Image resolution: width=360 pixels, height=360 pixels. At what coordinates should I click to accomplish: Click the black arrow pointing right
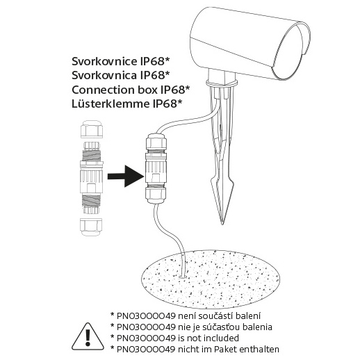pyautogui.click(x=126, y=177)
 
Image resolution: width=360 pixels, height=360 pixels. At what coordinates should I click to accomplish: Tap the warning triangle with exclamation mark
pyautogui.click(x=88, y=336)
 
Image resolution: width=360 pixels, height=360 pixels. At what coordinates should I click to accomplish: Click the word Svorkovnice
pyautogui.click(x=104, y=61)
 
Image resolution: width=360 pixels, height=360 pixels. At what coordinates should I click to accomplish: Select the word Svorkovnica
pyautogui.click(x=104, y=75)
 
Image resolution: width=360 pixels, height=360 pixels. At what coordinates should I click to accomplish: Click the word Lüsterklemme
pyautogui.click(x=111, y=104)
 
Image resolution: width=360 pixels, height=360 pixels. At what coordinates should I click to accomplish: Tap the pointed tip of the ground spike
pyautogui.click(x=222, y=224)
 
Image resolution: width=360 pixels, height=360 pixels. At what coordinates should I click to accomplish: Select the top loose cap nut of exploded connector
pyautogui.click(x=92, y=129)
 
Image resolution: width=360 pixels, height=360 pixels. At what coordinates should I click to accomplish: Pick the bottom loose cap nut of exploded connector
pyautogui.click(x=91, y=227)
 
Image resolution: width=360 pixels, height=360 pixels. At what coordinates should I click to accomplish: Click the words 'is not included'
pyautogui.click(x=208, y=338)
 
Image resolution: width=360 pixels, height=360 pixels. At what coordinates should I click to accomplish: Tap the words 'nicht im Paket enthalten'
pyautogui.click(x=228, y=349)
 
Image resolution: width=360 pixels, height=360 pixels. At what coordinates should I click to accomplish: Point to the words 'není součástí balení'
pyautogui.click(x=219, y=316)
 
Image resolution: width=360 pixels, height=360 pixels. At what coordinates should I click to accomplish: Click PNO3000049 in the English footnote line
pyautogui.click(x=146, y=338)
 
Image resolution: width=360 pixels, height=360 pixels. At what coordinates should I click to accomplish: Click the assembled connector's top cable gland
pyautogui.click(x=156, y=141)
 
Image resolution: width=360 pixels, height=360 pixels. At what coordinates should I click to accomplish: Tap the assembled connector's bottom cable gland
pyautogui.click(x=156, y=195)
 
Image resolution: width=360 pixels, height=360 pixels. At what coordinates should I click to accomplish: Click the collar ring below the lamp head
pyautogui.click(x=222, y=83)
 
